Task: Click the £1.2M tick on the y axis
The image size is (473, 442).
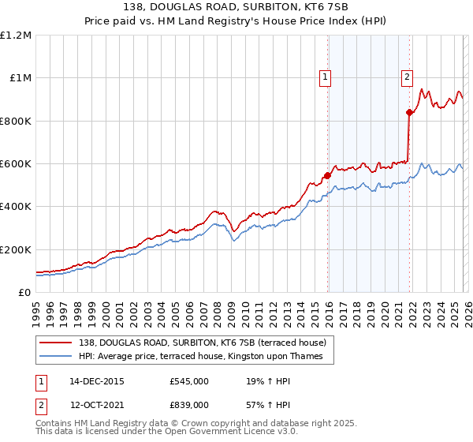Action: [x=16, y=36]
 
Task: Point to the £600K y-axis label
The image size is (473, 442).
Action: [x=16, y=164]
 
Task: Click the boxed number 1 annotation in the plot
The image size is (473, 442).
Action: [x=326, y=77]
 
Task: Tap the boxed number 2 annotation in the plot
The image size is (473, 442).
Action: [x=407, y=77]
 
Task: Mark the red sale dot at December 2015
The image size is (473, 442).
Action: [x=327, y=175]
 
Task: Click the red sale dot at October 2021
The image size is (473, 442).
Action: [x=409, y=112]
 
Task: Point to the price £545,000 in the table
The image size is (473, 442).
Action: [x=189, y=380]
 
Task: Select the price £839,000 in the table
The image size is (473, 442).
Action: [x=189, y=404]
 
